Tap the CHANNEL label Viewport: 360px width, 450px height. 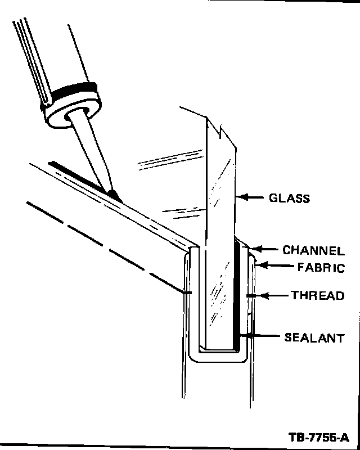point(313,251)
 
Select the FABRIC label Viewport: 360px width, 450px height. point(321,268)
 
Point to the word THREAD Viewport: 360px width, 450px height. point(317,295)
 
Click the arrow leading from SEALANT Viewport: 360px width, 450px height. point(259,337)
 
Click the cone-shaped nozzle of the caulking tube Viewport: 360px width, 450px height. point(90,152)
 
